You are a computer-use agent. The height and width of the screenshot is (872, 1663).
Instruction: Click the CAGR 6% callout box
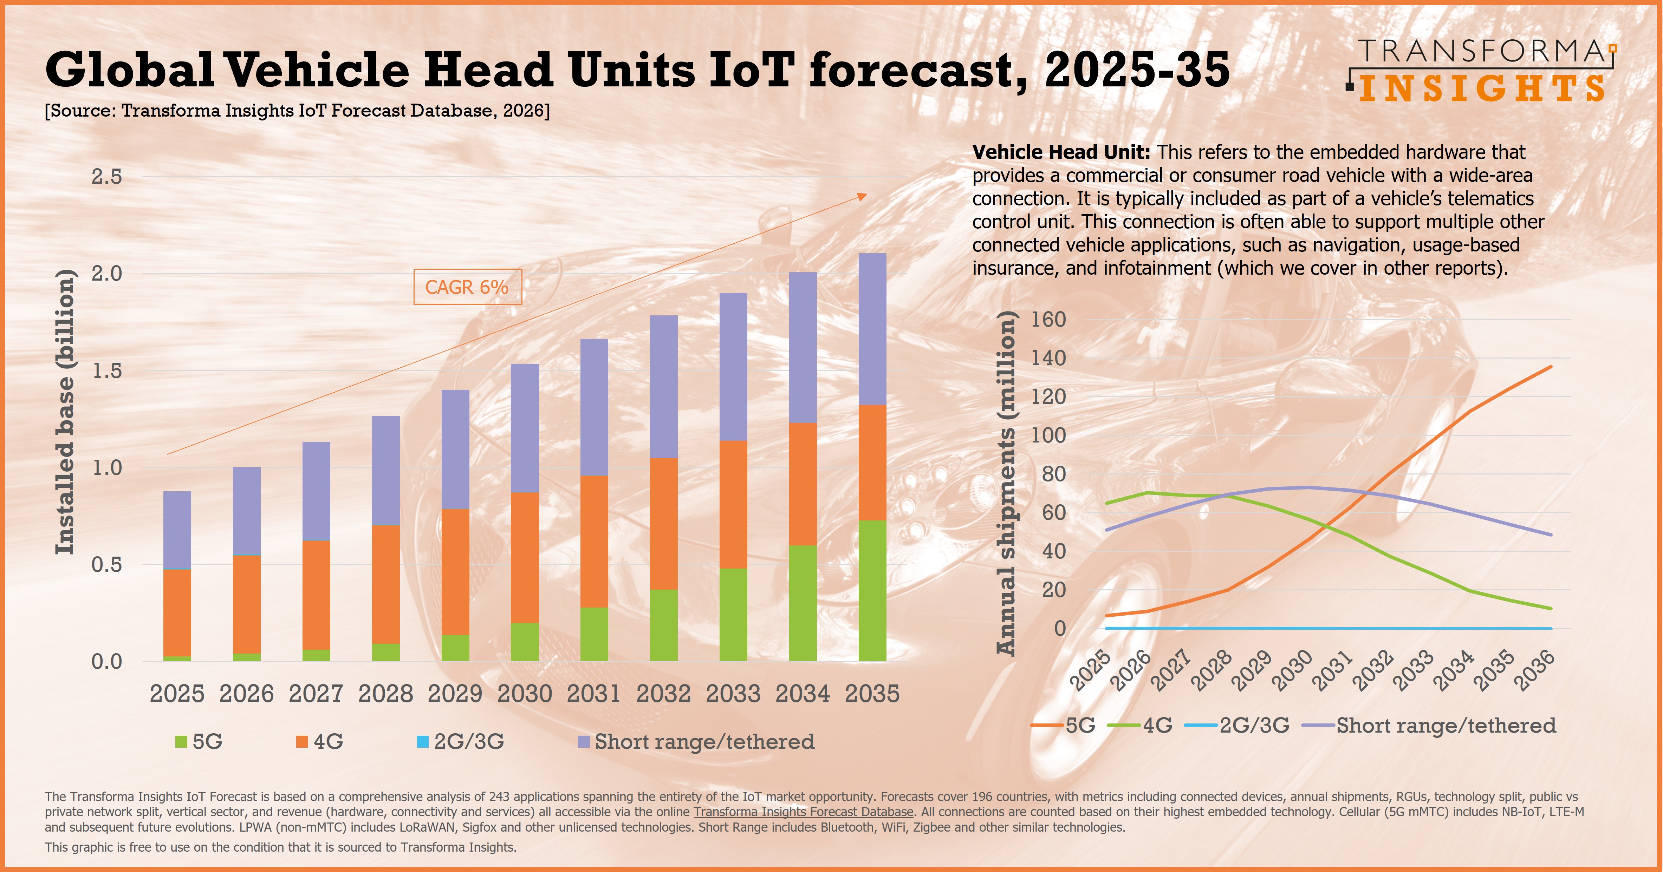point(467,287)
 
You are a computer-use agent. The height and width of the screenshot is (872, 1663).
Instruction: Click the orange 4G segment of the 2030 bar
point(525,558)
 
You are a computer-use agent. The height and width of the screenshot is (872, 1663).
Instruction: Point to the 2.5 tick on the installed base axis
point(106,176)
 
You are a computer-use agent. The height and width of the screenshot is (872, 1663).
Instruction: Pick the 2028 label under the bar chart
point(385,694)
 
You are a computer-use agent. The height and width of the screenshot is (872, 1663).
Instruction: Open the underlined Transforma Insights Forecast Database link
point(804,812)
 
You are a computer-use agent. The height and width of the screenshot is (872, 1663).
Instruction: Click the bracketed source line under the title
point(297,111)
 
